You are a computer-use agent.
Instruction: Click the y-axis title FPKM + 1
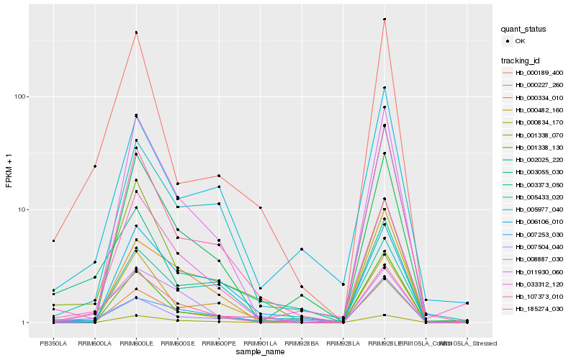pos(9,171)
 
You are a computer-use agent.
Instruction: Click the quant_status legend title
pos(523,29)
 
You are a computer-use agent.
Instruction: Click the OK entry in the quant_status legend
pos(521,41)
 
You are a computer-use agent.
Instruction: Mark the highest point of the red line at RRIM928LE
pos(384,19)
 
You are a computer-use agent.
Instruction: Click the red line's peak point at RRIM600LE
pos(136,32)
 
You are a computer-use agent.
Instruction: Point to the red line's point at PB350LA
pos(53,240)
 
